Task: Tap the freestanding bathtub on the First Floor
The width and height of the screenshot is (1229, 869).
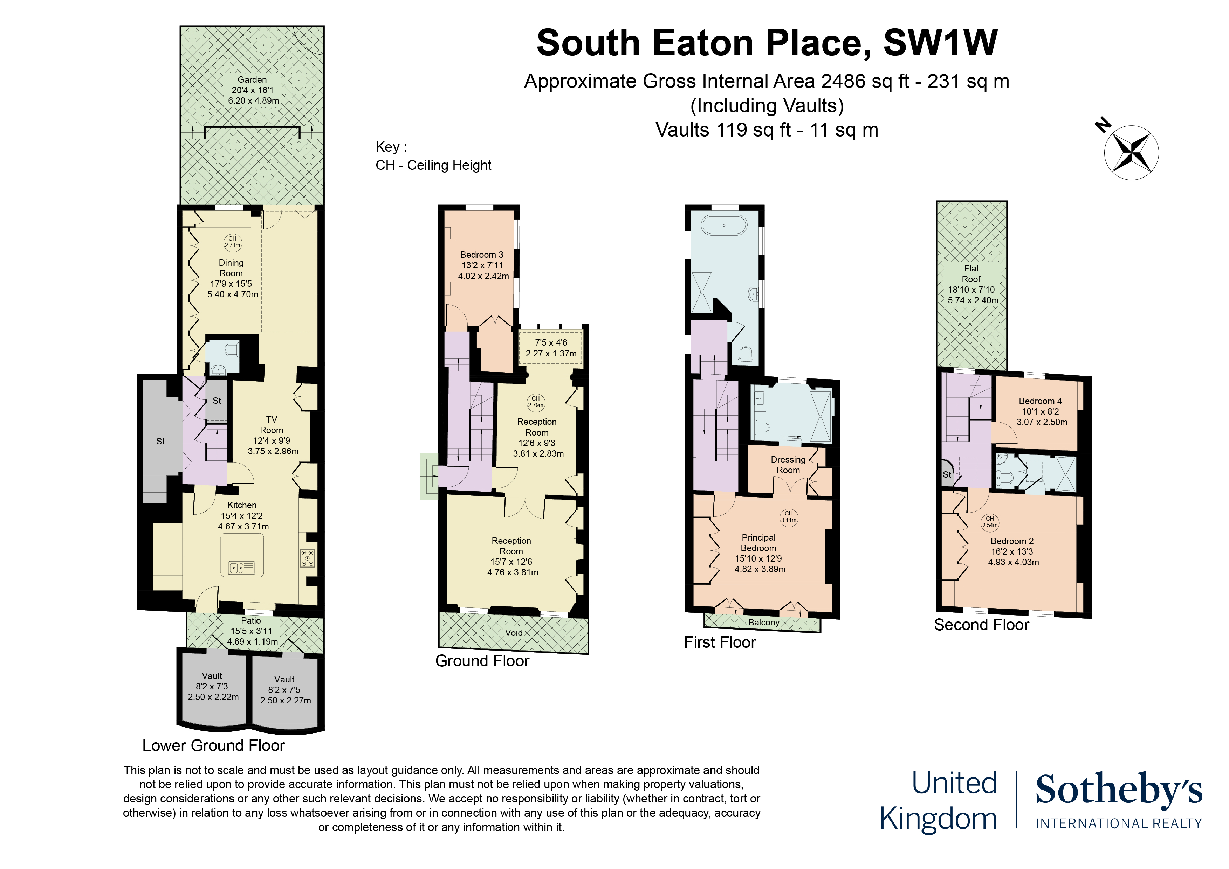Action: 724,225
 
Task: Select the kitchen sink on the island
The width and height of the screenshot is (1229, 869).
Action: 242,568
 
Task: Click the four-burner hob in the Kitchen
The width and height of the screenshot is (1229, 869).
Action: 307,558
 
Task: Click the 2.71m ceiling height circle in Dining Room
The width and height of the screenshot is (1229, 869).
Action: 232,242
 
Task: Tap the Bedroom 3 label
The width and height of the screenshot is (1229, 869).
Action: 483,265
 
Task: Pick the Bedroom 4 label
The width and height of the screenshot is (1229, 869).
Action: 1041,411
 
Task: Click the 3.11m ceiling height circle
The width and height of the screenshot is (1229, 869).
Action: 789,517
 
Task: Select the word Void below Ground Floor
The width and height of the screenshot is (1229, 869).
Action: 514,632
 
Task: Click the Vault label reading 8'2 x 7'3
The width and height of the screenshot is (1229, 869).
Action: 213,687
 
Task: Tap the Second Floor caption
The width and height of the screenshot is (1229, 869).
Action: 981,625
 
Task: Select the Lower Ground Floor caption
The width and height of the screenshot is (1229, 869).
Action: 214,745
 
